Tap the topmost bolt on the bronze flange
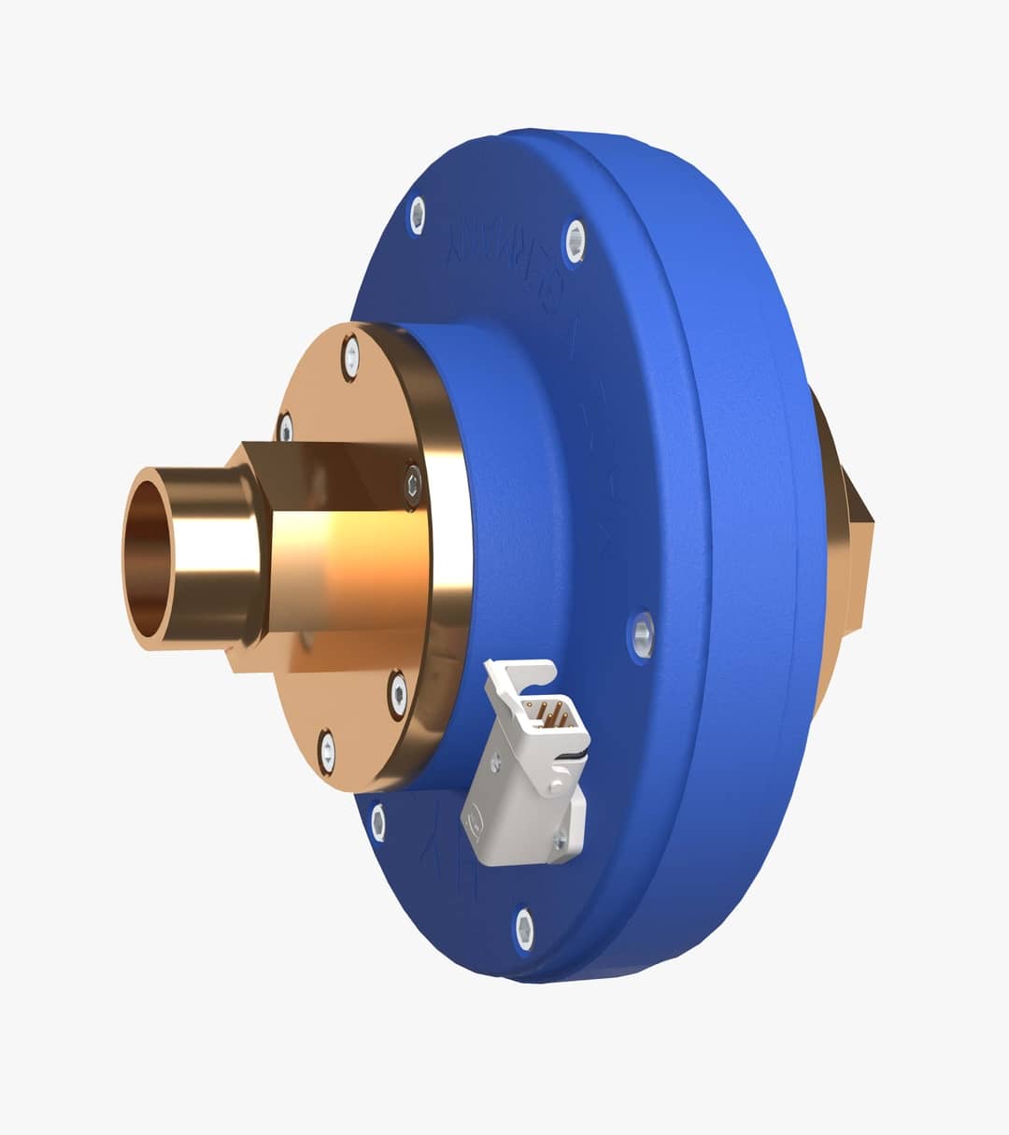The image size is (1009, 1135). (x=350, y=357)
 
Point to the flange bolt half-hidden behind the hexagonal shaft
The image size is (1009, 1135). (x=286, y=428)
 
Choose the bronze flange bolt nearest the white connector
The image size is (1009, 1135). (x=398, y=695)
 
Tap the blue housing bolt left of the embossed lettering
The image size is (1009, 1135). (x=417, y=217)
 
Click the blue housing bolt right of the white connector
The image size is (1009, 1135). (x=642, y=636)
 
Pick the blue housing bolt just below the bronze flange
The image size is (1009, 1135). (x=377, y=822)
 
